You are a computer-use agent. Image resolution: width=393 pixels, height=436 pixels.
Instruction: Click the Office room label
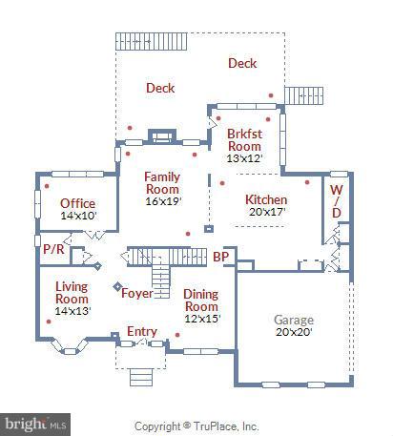click(x=77, y=203)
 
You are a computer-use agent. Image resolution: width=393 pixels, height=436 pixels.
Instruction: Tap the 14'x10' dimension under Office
click(x=78, y=216)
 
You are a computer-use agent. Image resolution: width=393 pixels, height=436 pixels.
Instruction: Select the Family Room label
click(x=162, y=182)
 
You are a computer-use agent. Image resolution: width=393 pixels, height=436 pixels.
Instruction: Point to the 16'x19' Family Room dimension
click(x=162, y=200)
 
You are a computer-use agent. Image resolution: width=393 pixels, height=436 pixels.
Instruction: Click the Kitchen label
click(x=265, y=199)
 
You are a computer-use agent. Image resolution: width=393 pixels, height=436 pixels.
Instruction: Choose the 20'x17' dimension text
click(x=266, y=212)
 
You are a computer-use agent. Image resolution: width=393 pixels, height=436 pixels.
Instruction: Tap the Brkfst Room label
click(x=244, y=139)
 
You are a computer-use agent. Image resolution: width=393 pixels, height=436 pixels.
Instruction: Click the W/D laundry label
click(x=336, y=199)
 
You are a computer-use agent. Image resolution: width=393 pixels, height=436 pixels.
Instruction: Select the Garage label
click(x=294, y=320)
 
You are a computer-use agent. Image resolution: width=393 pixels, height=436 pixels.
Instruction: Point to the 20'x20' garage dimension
click(x=294, y=333)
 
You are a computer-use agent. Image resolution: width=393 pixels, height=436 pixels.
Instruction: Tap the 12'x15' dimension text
click(x=201, y=319)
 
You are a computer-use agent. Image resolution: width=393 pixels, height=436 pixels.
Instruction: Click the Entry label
click(x=142, y=331)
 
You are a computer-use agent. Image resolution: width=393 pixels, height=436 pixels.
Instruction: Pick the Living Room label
click(x=72, y=292)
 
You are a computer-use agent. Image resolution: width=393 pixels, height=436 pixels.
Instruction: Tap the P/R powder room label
click(x=52, y=248)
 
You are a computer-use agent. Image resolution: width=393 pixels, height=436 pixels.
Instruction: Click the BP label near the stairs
click(x=220, y=256)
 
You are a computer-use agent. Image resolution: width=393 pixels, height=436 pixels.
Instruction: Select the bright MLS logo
click(x=36, y=421)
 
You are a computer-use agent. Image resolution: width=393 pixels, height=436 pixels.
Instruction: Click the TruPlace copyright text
click(x=196, y=426)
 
